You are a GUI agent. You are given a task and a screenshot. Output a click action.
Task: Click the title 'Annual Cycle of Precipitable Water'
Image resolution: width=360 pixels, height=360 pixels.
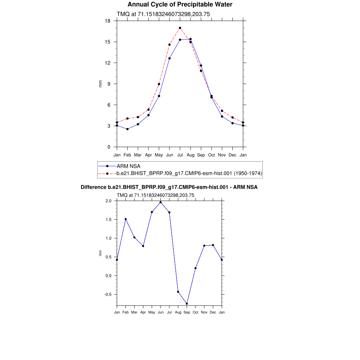(180, 5)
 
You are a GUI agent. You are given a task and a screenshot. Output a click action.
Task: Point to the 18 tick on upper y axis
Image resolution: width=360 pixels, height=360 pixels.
(108, 21)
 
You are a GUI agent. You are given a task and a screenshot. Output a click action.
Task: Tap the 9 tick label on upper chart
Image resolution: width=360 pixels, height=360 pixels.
(109, 84)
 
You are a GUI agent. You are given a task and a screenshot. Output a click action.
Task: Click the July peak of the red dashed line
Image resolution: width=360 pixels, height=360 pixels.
(180, 28)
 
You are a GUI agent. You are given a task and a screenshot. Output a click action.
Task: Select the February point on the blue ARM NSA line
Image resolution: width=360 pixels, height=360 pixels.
(127, 129)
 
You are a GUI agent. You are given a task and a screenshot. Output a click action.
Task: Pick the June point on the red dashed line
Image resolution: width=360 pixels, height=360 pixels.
(169, 45)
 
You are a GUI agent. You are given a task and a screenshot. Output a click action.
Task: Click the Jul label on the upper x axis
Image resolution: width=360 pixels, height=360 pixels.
(180, 155)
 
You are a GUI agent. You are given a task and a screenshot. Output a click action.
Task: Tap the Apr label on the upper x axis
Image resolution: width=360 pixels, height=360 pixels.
(148, 155)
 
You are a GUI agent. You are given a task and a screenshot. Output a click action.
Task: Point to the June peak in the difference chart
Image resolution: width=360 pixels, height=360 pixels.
(161, 202)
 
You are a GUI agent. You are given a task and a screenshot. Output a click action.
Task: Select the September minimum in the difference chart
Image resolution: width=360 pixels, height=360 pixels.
(187, 304)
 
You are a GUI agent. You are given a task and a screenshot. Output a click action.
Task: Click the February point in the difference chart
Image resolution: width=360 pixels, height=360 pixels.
(126, 219)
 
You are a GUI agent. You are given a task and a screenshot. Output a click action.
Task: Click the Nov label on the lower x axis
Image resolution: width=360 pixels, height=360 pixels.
(204, 312)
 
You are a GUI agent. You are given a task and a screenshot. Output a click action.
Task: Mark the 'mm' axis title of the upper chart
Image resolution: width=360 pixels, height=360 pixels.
(100, 84)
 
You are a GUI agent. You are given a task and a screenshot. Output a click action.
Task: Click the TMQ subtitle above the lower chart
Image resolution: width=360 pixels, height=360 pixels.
(155, 195)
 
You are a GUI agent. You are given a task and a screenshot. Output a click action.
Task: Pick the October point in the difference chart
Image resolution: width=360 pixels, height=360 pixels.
(195, 268)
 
